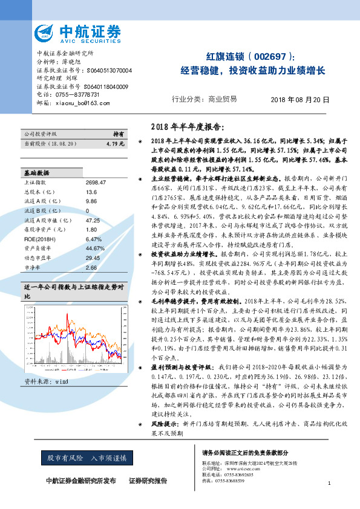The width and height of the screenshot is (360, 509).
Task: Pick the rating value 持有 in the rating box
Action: tap(119, 134)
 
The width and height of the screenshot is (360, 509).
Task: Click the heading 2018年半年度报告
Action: tap(186, 128)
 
